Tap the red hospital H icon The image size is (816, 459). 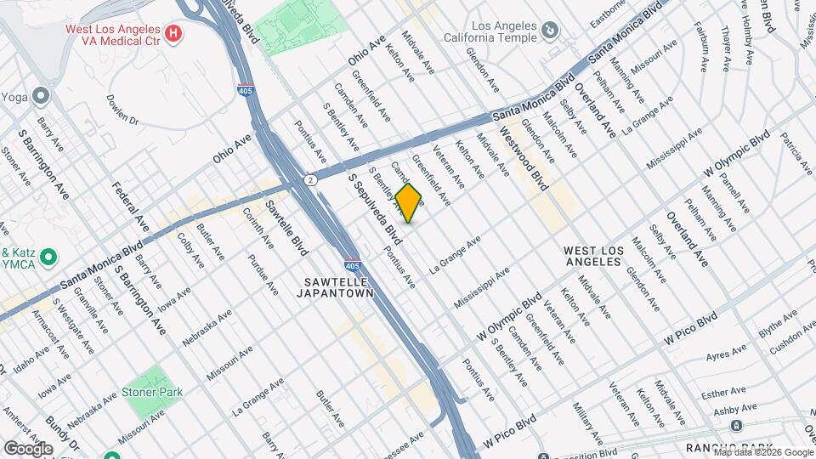[x=173, y=34]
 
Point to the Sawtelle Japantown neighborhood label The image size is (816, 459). [x=335, y=286]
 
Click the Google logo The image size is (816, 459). [x=28, y=448]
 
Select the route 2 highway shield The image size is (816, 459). [x=312, y=180]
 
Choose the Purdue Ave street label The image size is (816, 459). [x=263, y=275]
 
